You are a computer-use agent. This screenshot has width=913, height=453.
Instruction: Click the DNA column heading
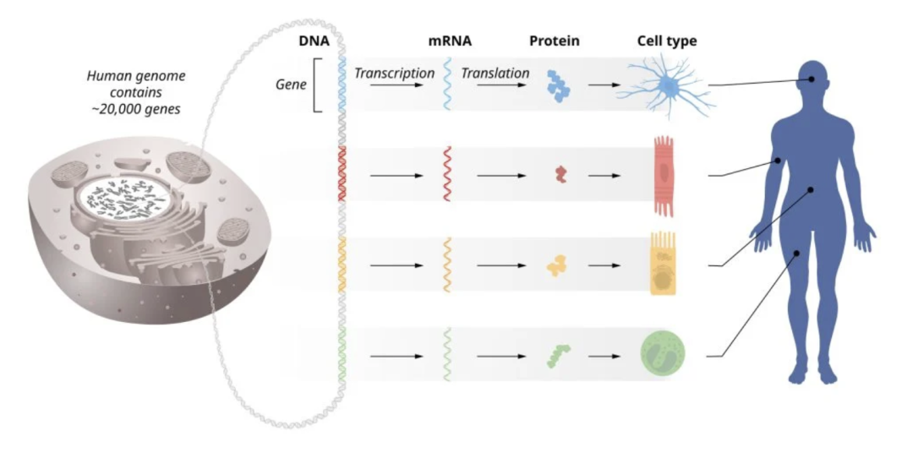pyautogui.click(x=314, y=41)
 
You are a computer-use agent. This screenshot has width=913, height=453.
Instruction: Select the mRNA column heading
pyautogui.click(x=450, y=41)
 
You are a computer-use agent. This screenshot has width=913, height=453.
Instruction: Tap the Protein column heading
pyautogui.click(x=555, y=41)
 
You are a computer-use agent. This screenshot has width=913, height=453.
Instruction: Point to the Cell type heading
pyautogui.click(x=666, y=41)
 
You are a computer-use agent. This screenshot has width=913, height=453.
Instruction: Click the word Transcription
pyautogui.click(x=394, y=74)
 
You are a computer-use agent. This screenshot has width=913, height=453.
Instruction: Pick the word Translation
pyautogui.click(x=495, y=74)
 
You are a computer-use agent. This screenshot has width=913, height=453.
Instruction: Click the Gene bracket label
pyautogui.click(x=291, y=85)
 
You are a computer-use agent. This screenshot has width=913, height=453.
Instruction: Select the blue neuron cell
pyautogui.click(x=667, y=85)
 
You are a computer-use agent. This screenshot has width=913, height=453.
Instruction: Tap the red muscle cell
pyautogui.click(x=664, y=176)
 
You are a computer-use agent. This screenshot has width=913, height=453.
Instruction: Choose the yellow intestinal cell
pyautogui.click(x=663, y=265)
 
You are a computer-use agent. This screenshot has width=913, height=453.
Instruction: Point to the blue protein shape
pyautogui.click(x=557, y=85)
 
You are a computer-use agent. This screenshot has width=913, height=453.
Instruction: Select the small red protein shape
pyautogui.click(x=560, y=175)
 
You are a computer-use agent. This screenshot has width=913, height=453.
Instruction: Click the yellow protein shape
pyautogui.click(x=557, y=265)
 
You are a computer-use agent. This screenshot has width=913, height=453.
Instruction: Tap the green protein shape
pyautogui.click(x=557, y=355)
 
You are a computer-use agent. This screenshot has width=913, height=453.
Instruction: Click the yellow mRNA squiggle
pyautogui.click(x=447, y=265)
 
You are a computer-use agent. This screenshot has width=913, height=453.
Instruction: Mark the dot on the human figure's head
pyautogui.click(x=812, y=79)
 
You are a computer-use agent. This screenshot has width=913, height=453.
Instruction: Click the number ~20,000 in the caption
pyautogui.click(x=126, y=109)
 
